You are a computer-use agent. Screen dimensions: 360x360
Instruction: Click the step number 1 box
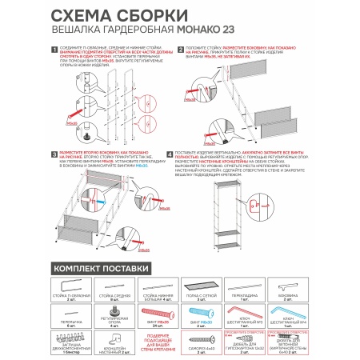click(x=52, y=50)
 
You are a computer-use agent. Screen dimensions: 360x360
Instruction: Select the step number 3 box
click(x=52, y=151)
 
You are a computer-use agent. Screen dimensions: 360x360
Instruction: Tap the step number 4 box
click(x=170, y=151)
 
